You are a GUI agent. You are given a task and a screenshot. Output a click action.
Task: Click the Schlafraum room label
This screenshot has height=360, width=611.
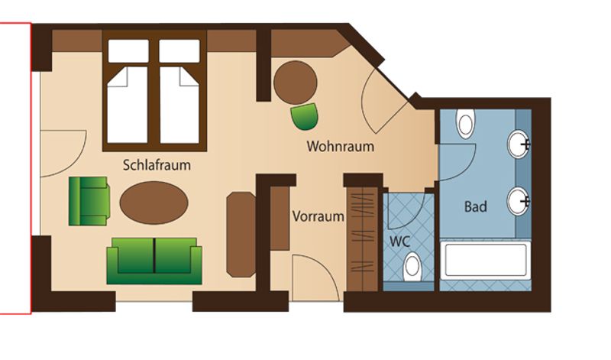157,165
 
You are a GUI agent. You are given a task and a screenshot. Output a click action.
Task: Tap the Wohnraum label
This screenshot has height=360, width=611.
340,146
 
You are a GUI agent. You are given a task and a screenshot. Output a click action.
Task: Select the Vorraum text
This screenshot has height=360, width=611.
318,216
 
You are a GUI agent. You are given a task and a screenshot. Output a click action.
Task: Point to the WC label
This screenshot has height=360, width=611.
399,242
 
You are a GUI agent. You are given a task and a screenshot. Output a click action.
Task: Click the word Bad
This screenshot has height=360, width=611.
475,206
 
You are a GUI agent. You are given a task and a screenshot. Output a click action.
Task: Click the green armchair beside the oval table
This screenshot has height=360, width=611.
89,201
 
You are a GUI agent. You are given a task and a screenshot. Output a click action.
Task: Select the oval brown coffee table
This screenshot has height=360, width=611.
154,203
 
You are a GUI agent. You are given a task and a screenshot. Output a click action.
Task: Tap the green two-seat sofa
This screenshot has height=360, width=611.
154,261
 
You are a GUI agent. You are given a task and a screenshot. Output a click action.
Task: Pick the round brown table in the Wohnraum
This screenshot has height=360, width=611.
296,83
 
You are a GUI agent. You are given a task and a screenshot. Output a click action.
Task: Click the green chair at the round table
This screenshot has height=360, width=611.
304,116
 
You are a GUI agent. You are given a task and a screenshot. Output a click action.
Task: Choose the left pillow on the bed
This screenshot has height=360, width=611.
128,50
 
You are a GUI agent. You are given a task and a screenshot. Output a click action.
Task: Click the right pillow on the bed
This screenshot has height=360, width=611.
179,50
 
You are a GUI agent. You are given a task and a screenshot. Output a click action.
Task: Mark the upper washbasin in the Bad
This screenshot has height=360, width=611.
519,144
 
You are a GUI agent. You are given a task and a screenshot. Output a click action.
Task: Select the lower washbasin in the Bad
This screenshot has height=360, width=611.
519,201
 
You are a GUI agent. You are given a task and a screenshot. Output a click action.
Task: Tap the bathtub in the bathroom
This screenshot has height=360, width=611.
485,260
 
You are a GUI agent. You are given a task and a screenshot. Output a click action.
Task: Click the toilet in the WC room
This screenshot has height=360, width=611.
412,267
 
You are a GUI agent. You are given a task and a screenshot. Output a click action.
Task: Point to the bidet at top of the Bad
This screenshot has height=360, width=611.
466,123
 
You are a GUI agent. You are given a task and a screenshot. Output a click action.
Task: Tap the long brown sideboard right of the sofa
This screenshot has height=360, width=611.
241,235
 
